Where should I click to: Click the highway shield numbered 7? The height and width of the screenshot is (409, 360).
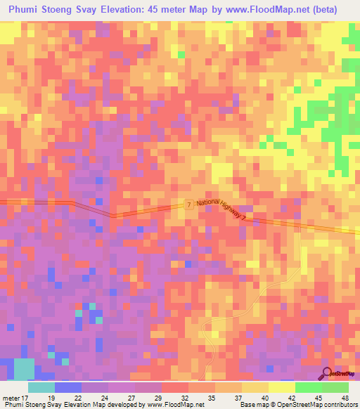tap(189, 204)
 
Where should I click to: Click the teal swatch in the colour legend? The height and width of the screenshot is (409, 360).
tap(41, 387)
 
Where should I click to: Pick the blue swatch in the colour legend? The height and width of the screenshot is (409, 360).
tap(67, 387)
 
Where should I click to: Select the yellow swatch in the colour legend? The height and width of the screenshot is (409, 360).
tap(281, 387)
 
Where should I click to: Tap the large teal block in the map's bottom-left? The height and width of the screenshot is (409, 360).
tap(24, 369)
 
